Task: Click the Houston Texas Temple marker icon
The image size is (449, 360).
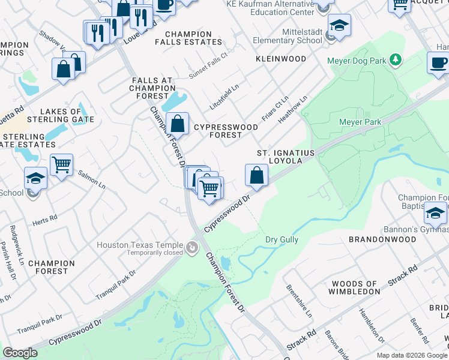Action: (192, 247)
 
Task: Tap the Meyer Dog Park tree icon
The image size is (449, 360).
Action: (396, 59)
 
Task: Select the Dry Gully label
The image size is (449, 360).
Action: (282, 239)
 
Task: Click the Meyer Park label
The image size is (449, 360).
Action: (360, 122)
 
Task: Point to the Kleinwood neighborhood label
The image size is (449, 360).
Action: (280, 59)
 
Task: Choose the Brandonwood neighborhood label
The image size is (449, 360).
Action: (382, 239)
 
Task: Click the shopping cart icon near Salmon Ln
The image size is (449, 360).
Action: (62, 164)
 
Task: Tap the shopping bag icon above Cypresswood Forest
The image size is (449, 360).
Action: (178, 124)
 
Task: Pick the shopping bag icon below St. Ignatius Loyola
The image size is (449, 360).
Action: (256, 175)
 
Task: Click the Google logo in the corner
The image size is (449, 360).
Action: (20, 353)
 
